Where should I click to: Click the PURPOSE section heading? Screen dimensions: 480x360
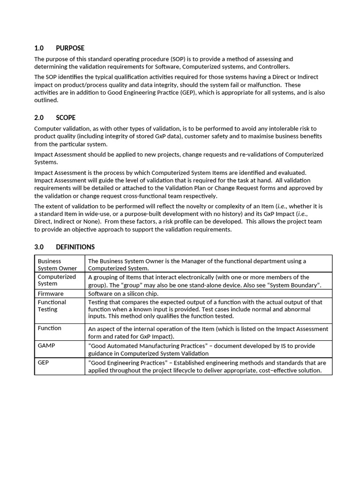tap(70, 48)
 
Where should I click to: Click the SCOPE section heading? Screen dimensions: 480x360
tap(66, 118)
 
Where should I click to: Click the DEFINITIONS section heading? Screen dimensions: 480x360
tap(75, 247)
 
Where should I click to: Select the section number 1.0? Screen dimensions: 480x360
tap(39, 48)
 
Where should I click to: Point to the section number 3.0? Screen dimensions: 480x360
tap(39, 247)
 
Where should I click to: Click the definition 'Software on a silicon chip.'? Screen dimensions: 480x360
tap(123, 294)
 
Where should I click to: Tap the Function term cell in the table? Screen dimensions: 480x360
tap(50, 328)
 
